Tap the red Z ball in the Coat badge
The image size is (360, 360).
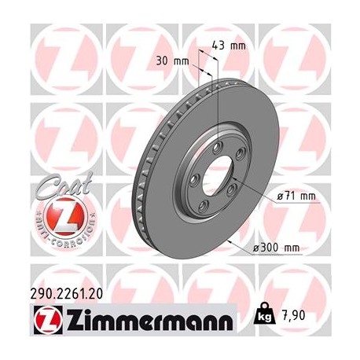[56, 214]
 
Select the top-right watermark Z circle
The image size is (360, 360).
[298, 51]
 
